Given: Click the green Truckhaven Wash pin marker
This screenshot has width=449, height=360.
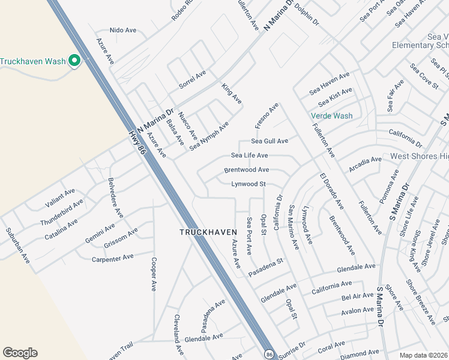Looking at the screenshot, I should click(74, 61).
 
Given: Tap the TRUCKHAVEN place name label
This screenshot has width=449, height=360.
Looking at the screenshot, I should click(204, 232).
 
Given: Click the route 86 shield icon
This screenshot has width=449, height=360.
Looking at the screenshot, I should click(270, 354).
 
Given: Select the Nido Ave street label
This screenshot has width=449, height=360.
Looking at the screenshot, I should click(124, 29).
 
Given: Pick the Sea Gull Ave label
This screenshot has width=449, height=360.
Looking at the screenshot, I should click(270, 141).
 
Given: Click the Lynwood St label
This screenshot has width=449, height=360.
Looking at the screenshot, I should click(249, 184).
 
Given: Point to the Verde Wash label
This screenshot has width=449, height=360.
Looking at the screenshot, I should click(331, 116).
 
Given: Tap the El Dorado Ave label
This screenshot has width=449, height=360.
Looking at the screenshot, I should click(331, 192).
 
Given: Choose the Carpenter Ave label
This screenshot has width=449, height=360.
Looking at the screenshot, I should click(112, 258).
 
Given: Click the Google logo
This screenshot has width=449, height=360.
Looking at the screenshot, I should click(20, 353).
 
